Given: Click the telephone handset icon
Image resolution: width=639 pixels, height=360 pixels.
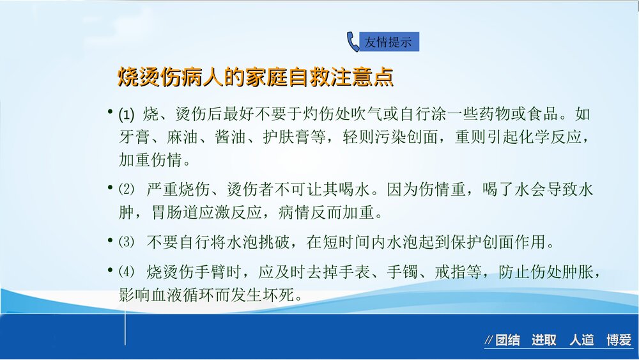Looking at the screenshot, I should (353, 42).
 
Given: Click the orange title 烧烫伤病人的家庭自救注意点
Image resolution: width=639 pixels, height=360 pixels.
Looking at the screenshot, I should (255, 77).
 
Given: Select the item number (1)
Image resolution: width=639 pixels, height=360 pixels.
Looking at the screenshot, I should (127, 116).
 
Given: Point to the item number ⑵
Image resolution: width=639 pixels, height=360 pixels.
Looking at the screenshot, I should (127, 189).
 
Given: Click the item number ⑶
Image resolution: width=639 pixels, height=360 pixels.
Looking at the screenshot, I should (127, 242).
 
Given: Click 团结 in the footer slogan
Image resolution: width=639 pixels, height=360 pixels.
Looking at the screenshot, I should (507, 340).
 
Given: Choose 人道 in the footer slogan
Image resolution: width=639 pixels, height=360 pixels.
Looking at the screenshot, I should (581, 340).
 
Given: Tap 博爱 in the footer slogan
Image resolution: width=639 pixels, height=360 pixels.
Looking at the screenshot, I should (619, 340).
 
